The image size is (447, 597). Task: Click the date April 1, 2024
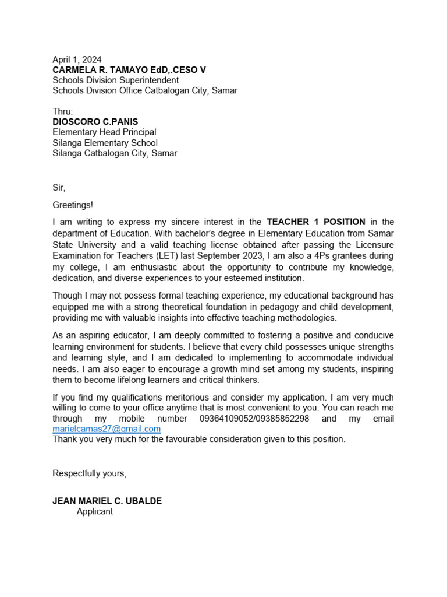point(77,59)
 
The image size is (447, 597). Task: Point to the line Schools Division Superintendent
point(116,80)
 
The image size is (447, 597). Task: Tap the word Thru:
point(63,111)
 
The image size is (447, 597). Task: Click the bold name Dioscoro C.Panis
point(95,122)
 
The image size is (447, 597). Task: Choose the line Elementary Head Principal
point(104,132)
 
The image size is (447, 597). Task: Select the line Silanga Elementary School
point(105,143)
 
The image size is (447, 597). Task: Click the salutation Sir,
point(59,188)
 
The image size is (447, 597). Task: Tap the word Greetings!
point(73,205)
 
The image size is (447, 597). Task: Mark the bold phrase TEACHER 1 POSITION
point(316,222)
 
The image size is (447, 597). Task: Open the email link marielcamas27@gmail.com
point(107,429)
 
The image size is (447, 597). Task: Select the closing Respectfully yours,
point(90,473)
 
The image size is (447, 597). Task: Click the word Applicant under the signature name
point(95,511)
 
